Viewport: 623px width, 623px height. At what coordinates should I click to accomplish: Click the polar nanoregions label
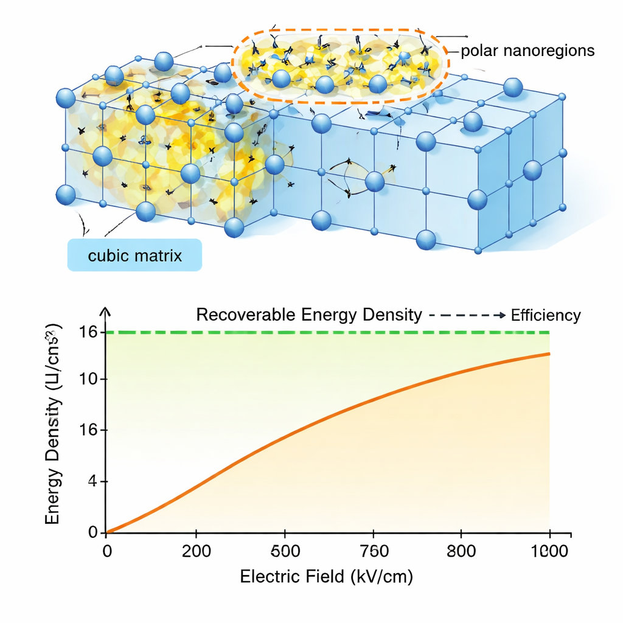(x=527, y=50)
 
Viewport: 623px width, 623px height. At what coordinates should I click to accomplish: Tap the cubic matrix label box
(x=134, y=255)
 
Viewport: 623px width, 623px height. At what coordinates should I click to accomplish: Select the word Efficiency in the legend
(x=546, y=315)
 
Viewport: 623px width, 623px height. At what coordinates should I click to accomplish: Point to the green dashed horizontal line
(x=329, y=332)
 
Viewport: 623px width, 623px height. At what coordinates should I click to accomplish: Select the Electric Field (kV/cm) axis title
(x=327, y=577)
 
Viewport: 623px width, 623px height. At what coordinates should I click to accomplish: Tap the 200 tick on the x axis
(x=196, y=552)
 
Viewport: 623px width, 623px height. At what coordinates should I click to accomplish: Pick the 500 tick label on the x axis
(x=285, y=552)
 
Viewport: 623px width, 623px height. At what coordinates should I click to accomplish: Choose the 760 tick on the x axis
(x=373, y=552)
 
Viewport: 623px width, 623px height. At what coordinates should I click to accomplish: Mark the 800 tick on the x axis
(x=461, y=552)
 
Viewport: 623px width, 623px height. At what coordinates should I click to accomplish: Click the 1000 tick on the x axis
(x=549, y=552)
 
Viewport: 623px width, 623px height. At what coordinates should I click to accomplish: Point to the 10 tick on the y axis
(x=89, y=380)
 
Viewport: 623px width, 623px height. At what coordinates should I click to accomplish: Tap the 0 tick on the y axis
(x=93, y=533)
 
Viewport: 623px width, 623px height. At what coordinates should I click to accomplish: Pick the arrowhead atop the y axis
(x=106, y=310)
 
